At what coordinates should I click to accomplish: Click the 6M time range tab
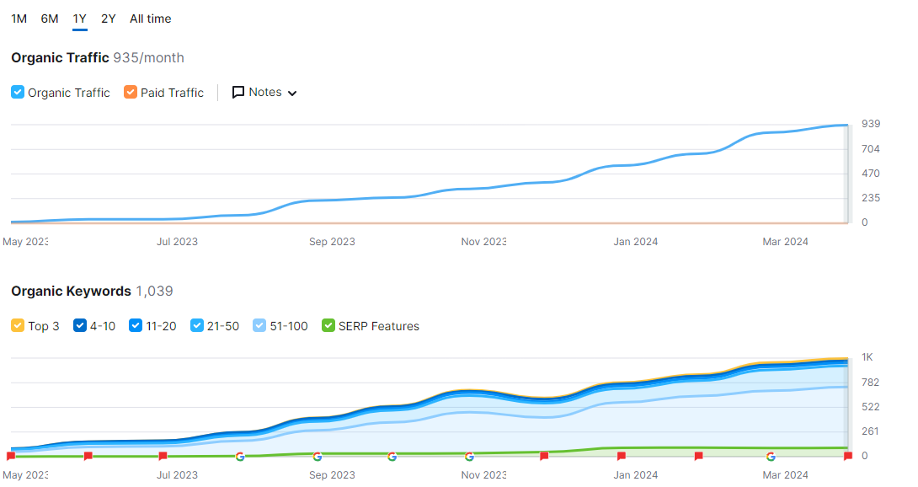click(x=50, y=19)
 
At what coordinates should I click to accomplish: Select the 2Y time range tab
click(x=108, y=19)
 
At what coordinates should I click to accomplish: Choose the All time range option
click(x=150, y=19)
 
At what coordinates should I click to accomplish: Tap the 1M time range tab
click(x=19, y=19)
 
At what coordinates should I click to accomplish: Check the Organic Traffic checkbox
click(x=18, y=92)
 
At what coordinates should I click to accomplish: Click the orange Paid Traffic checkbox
click(x=131, y=92)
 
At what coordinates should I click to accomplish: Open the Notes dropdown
click(x=264, y=92)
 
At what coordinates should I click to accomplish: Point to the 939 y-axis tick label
click(x=870, y=124)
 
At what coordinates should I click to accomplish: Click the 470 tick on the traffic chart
click(x=870, y=174)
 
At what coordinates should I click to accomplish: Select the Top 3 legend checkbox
click(x=18, y=325)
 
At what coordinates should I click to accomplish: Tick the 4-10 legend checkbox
click(x=81, y=325)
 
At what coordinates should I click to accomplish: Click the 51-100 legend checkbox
click(x=260, y=325)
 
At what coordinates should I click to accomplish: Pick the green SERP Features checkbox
click(x=328, y=325)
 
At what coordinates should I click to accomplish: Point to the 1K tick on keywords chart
click(x=867, y=357)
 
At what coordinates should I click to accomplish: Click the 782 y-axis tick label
click(x=870, y=383)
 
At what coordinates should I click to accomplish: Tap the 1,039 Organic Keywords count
click(x=154, y=291)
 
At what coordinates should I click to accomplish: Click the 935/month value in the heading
click(x=148, y=57)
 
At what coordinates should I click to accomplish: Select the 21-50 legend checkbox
click(x=198, y=325)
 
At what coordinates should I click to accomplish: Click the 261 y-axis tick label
click(x=870, y=431)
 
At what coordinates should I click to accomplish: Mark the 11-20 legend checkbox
click(x=136, y=325)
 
